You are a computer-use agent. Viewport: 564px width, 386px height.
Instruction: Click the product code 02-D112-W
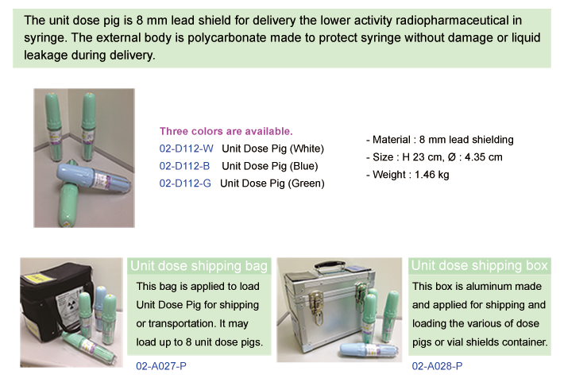[x=186, y=149]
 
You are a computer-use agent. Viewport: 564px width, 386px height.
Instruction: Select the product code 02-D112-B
[x=184, y=166]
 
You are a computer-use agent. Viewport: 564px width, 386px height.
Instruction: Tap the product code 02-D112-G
[x=185, y=183]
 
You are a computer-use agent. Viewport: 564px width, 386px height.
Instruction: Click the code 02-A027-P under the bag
[x=161, y=366]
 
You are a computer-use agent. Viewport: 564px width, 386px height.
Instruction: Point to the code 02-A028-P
[x=437, y=366]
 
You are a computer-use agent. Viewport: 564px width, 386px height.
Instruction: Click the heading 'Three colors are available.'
[x=226, y=131]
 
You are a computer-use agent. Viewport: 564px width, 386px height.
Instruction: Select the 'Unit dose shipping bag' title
[x=199, y=266]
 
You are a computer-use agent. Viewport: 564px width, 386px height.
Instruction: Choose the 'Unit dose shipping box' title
[x=480, y=265]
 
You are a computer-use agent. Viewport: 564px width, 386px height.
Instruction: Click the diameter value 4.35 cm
[x=484, y=157]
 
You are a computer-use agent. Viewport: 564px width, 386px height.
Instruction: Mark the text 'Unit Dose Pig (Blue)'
[x=270, y=166]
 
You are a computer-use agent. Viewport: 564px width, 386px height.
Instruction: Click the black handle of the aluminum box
[x=330, y=265]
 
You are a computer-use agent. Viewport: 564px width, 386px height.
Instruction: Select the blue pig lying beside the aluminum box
[x=370, y=349]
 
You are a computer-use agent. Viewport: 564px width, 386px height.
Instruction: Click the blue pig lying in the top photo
[x=94, y=177]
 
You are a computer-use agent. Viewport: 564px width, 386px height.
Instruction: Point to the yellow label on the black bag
[x=36, y=278]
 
